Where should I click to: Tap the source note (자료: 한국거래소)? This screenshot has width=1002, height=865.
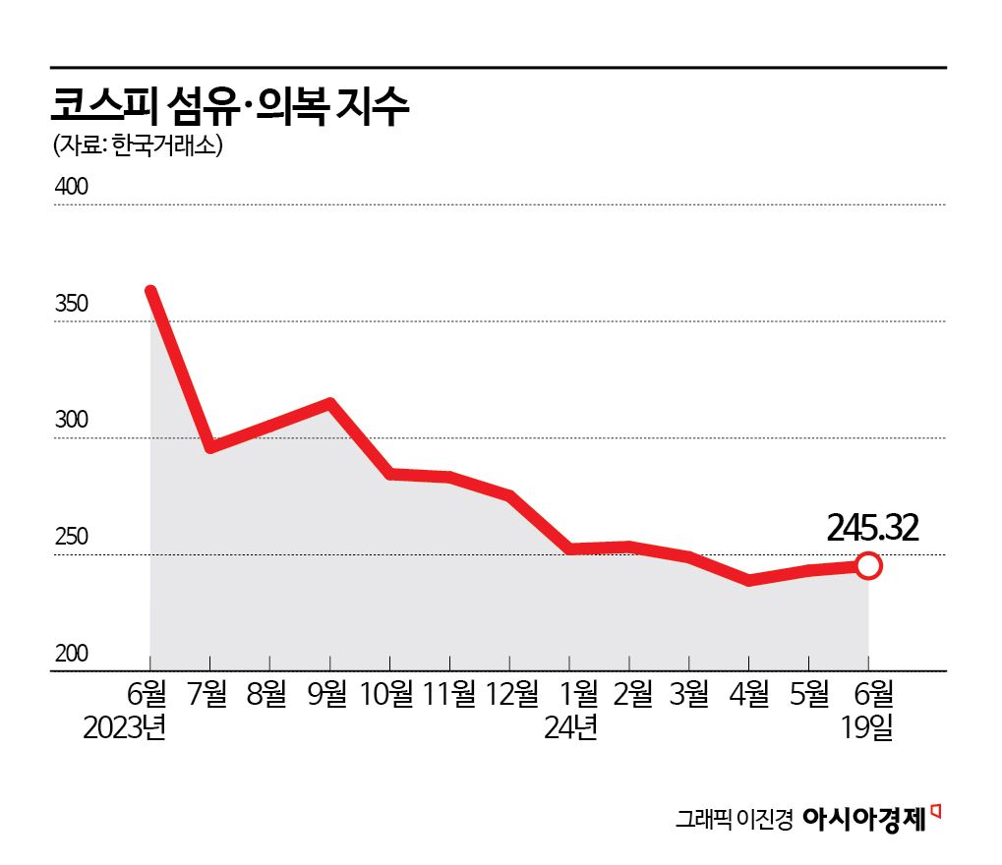click(x=138, y=146)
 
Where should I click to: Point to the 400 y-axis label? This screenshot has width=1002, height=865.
click(x=70, y=187)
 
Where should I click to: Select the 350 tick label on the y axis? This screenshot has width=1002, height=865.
click(x=70, y=304)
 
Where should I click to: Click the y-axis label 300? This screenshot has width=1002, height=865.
click(x=70, y=421)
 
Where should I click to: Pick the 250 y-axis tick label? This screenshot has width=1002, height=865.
click(x=70, y=538)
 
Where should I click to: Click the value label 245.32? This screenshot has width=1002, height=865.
click(x=872, y=529)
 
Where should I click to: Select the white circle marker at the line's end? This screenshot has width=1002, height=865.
click(x=868, y=565)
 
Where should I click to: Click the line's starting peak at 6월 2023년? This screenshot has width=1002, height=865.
click(x=150, y=291)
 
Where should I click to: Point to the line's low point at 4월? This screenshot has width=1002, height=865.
click(x=749, y=580)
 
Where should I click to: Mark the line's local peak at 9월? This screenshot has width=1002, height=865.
click(x=330, y=403)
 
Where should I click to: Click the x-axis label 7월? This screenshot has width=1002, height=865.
click(x=209, y=695)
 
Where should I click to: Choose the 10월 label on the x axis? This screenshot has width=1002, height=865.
click(x=388, y=695)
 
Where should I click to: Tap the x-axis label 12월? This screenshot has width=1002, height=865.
click(x=508, y=695)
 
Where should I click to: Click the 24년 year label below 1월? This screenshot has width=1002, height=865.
click(x=570, y=729)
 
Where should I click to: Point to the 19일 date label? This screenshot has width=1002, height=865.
click(x=868, y=729)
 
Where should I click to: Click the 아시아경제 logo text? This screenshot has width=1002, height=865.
click(x=865, y=819)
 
